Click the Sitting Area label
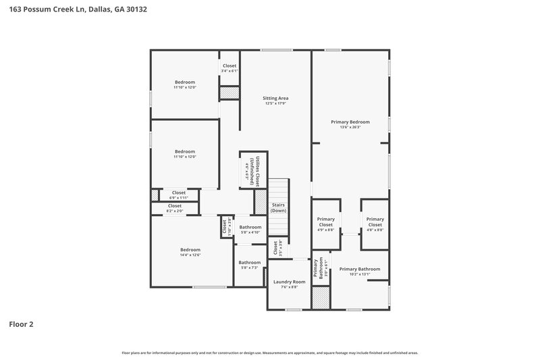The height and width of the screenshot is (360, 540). coord(275,98)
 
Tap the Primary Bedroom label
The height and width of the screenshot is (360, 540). coord(350,122)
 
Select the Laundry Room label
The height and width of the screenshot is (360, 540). coord(289,282)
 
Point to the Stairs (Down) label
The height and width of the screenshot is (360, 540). coord(279,207)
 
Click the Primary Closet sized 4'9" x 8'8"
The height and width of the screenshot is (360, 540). coord(326,222)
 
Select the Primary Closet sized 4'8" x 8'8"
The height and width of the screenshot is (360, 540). coord(375,222)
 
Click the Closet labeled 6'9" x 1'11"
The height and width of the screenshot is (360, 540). coord(178,192)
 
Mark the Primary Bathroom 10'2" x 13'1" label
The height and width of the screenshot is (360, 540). coord(359,269)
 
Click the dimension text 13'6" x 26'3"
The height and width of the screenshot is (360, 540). coord(350,127)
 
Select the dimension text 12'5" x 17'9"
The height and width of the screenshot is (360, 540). coord(275,103)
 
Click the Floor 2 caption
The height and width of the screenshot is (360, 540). coord(21,324)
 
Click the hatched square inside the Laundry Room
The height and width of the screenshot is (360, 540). coord(321,297)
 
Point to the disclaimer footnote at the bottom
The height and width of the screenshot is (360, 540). coord(270,353)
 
